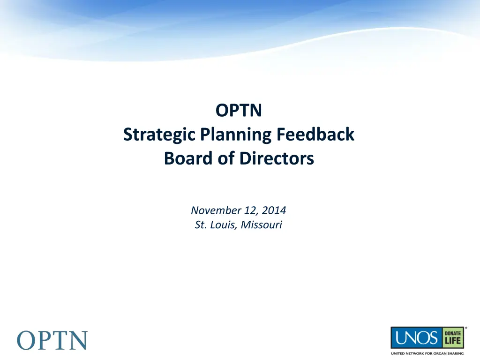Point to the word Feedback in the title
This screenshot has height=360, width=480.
pyautogui.click(x=315, y=135)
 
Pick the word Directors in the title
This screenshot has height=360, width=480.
pyautogui.click(x=277, y=159)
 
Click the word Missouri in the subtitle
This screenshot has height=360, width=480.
pyautogui.click(x=262, y=225)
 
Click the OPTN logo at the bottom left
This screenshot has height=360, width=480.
pyautogui.click(x=52, y=339)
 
